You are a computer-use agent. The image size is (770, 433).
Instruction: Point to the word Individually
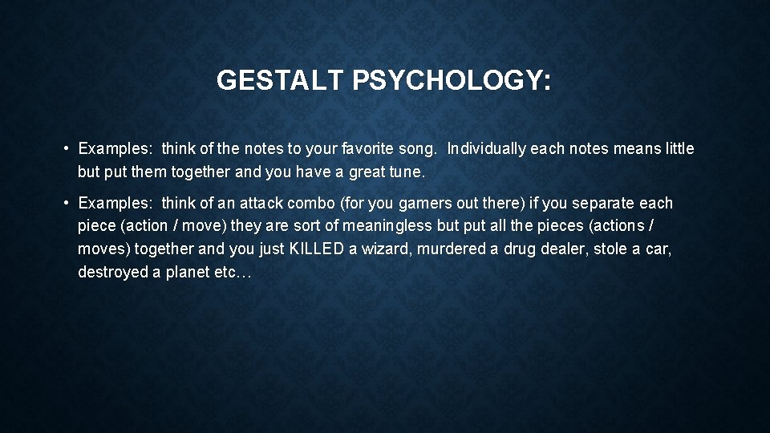[x=488, y=149]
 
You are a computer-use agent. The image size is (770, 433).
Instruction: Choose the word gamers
[x=432, y=204]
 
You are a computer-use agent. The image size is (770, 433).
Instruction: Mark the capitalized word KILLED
[x=317, y=249]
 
